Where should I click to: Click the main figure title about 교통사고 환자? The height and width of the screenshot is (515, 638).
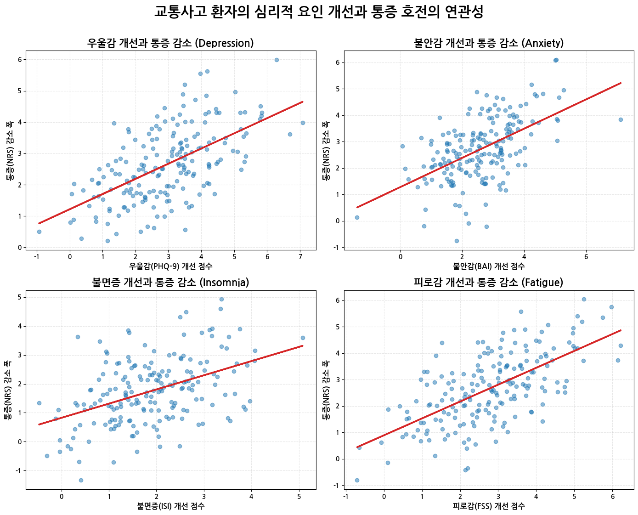[x=319, y=12]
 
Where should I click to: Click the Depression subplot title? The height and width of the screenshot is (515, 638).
[x=170, y=43]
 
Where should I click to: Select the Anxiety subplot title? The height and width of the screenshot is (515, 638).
[x=489, y=43]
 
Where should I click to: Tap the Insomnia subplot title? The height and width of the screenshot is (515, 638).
[x=170, y=283]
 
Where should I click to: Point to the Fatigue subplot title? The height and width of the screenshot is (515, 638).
[x=489, y=283]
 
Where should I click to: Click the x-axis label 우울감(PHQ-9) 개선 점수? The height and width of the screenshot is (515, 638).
[x=170, y=266]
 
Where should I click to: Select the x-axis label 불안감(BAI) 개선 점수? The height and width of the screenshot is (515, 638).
[x=489, y=266]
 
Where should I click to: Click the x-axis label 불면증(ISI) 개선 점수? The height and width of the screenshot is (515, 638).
[x=170, y=506]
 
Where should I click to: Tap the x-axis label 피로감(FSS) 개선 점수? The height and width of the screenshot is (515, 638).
[x=489, y=506]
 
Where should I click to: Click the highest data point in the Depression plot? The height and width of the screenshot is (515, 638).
[x=277, y=60]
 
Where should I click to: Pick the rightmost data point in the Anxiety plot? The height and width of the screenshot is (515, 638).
[x=621, y=119]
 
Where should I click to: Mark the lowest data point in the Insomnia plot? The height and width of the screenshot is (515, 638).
[x=81, y=480]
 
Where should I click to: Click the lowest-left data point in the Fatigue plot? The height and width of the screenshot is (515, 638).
[x=357, y=480]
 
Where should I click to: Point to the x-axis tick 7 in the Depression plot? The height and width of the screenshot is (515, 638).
[x=300, y=256]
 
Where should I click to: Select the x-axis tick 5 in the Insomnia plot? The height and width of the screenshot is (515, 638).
[x=299, y=496]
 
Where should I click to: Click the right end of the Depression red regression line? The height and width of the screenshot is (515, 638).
[x=302, y=102]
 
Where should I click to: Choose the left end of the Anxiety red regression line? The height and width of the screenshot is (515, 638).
[x=357, y=207]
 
